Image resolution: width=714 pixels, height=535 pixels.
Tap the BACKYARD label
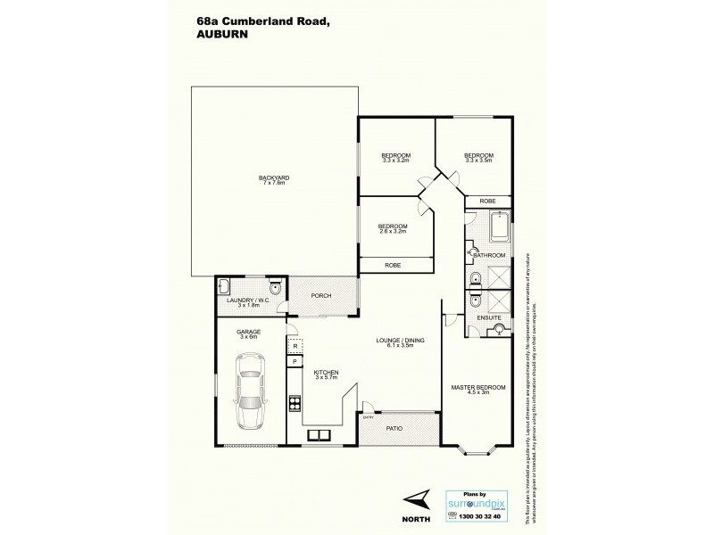[272, 178]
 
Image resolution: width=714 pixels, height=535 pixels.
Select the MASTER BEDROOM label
[477, 387]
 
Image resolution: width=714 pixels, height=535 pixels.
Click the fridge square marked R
[294, 348]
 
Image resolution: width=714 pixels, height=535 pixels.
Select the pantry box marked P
[294, 362]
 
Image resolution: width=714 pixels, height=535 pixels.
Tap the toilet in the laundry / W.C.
[275, 288]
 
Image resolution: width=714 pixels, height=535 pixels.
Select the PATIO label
[394, 429]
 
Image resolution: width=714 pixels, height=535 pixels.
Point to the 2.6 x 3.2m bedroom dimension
[392, 231]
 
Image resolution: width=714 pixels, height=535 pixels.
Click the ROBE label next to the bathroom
[487, 202]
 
